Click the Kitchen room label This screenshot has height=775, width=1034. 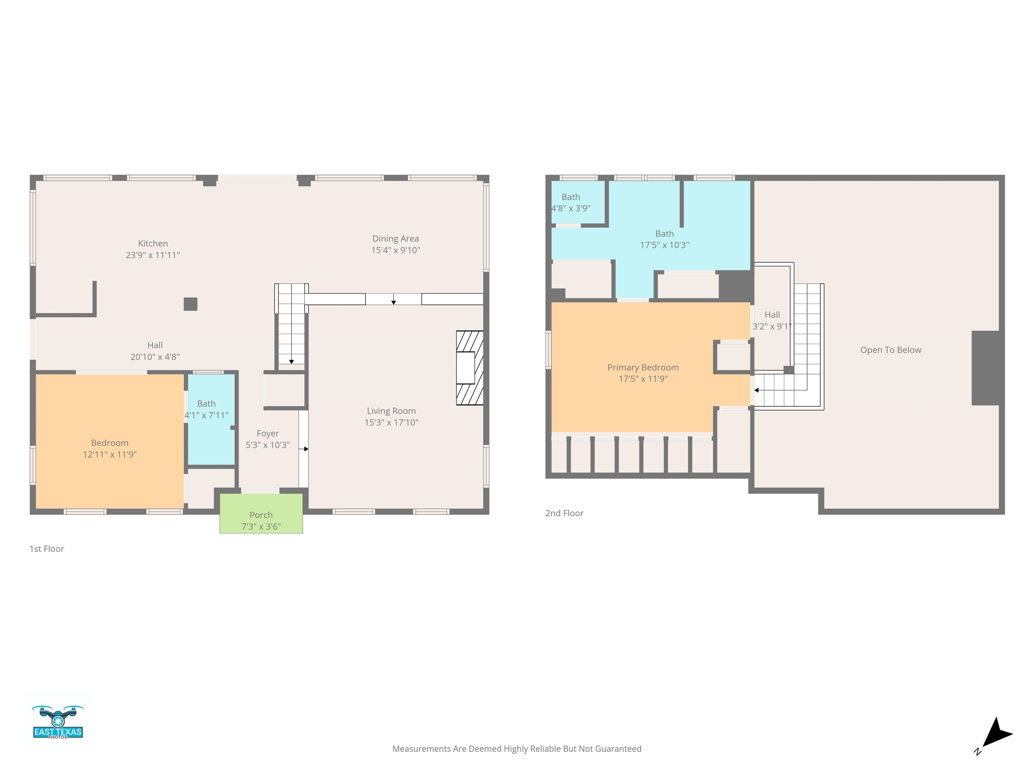click(x=153, y=244)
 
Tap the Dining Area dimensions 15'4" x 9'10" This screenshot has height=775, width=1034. click(x=395, y=250)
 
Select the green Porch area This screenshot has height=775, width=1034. click(x=261, y=513)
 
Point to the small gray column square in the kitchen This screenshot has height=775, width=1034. click(x=190, y=304)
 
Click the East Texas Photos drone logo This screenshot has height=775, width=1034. click(x=58, y=722)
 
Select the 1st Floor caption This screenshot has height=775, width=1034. click(x=47, y=549)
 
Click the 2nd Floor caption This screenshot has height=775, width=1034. click(x=564, y=513)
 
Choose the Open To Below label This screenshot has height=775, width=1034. click(x=891, y=350)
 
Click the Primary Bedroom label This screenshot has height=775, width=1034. click(x=643, y=368)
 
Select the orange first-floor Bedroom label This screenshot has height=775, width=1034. click(x=110, y=443)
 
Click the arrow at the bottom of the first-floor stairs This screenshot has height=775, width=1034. click(x=291, y=362)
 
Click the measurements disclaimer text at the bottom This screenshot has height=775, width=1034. click(x=517, y=749)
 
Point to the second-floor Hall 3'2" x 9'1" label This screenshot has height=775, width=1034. click(x=772, y=321)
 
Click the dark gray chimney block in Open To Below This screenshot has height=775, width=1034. click(x=986, y=368)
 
